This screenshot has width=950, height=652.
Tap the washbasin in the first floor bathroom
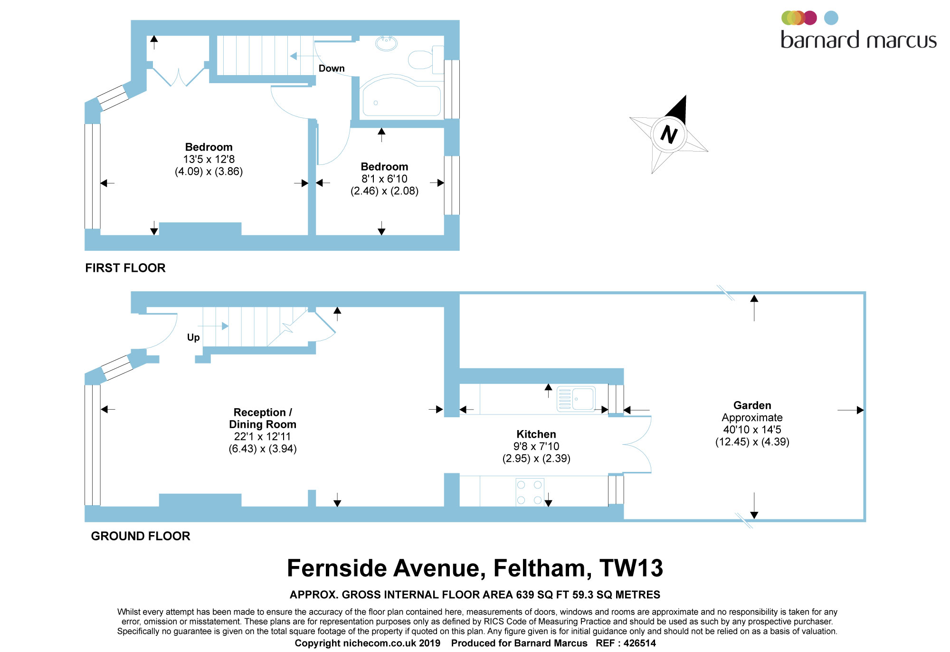click(386, 43)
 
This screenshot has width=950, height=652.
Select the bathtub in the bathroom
click(401, 96)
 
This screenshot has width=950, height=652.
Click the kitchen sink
click(576, 399)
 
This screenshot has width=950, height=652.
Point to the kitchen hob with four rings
click(530, 492)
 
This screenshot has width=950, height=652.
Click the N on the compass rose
click(669, 134)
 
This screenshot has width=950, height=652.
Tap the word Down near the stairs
click(332, 68)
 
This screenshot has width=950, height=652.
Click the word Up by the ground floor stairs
click(193, 337)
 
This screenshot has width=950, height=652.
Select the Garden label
click(752, 405)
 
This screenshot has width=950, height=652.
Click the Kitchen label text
click(536, 434)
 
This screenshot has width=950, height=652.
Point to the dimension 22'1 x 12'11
click(262, 437)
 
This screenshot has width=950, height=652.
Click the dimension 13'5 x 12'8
click(209, 159)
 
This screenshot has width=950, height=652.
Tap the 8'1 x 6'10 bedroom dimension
click(385, 179)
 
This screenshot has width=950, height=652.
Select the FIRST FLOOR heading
click(125, 268)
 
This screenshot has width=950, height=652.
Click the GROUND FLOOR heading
click(141, 536)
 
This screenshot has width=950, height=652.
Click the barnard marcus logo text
click(859, 40)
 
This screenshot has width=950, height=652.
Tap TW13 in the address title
click(631, 568)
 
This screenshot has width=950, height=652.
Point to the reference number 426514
click(640, 643)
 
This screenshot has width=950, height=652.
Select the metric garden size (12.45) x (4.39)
click(752, 442)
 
